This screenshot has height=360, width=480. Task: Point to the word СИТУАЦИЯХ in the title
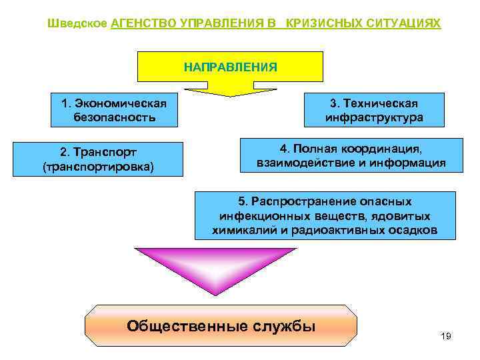[403, 23]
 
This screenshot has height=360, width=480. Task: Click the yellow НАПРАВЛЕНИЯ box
[230, 67]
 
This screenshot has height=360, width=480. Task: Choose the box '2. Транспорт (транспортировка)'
[97, 159]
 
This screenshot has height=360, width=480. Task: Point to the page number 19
[446, 336]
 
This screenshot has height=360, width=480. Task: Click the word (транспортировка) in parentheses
[97, 167]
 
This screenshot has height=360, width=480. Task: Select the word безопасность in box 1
[115, 118]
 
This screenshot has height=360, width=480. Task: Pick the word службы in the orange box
[285, 327]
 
